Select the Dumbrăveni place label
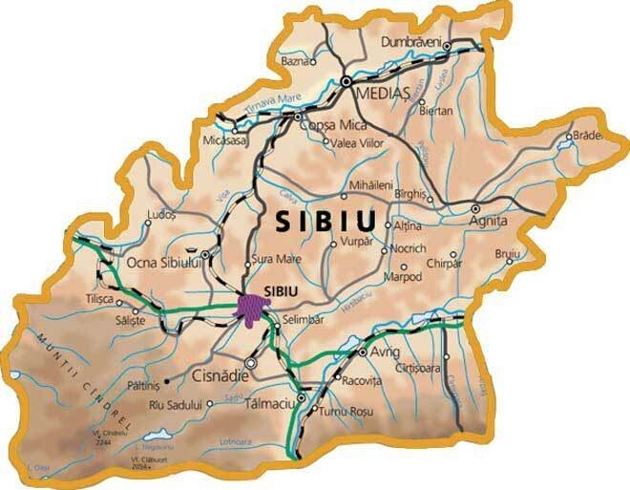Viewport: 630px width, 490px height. [412, 43]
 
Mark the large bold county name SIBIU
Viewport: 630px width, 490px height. [325, 221]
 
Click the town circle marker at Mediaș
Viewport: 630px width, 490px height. [346, 82]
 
